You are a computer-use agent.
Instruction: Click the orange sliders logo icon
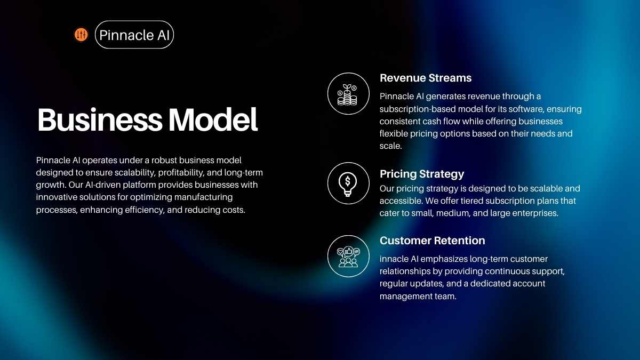81,35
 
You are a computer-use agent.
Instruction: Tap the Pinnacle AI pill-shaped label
134,35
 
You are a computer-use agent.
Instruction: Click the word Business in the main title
100,119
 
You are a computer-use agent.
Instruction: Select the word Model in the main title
213,119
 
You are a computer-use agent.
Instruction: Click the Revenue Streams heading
426,78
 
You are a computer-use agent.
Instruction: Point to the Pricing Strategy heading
422,174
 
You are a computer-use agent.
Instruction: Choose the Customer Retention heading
433,241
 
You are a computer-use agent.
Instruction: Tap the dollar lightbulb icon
348,183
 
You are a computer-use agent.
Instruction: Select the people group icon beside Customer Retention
348,257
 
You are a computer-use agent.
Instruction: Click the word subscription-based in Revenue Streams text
418,109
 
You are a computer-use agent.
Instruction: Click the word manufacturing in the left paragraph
203,197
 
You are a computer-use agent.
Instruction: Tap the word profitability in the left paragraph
181,173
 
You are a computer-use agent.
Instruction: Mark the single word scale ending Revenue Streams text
390,146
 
